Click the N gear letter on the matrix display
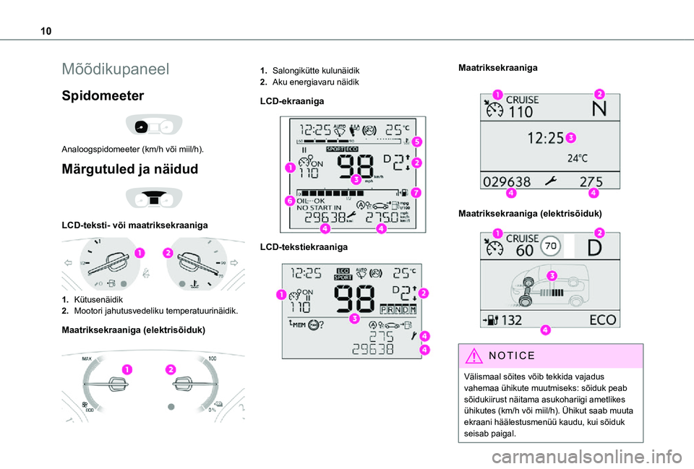click(x=598, y=109)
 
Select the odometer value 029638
click(x=507, y=181)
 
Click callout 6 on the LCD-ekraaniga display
click(x=288, y=200)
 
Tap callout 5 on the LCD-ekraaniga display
click(x=418, y=142)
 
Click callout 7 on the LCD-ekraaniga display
click(x=416, y=193)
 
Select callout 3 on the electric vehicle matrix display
click(x=550, y=275)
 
